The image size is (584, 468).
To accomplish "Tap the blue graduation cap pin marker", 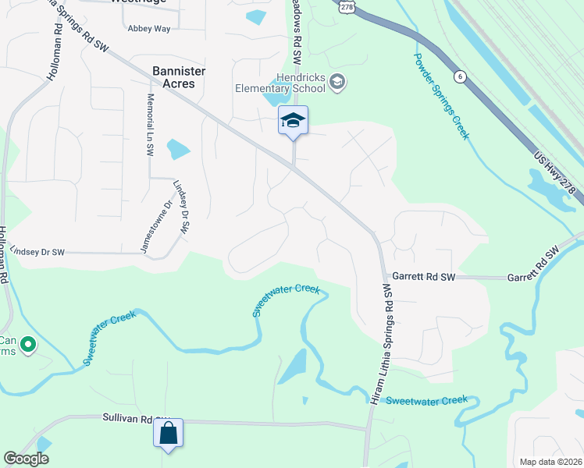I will (x=293, y=121).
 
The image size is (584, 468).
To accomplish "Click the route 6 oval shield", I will (x=461, y=76).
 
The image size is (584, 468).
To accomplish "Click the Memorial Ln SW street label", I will (x=149, y=126).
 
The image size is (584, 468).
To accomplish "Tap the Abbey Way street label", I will (x=148, y=28).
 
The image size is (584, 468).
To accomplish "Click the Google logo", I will (x=26, y=459).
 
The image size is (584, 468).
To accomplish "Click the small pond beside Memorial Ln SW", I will (x=178, y=148).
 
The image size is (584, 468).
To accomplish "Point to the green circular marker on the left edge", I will (x=29, y=343).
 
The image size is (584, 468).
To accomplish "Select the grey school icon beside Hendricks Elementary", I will (x=337, y=82).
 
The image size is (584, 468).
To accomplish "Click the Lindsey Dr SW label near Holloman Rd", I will (x=37, y=252).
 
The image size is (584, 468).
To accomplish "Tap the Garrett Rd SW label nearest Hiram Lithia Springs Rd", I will (x=423, y=276).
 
